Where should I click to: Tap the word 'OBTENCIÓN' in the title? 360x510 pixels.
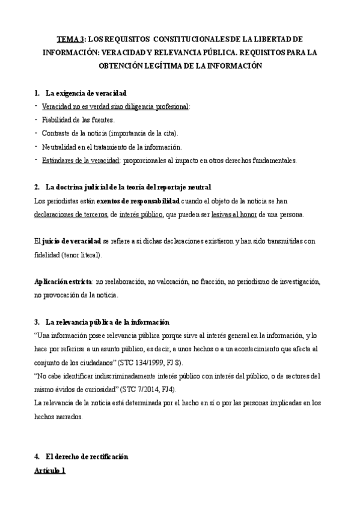click(x=131, y=66)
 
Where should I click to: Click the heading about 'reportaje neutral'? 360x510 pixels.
click(x=128, y=188)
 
